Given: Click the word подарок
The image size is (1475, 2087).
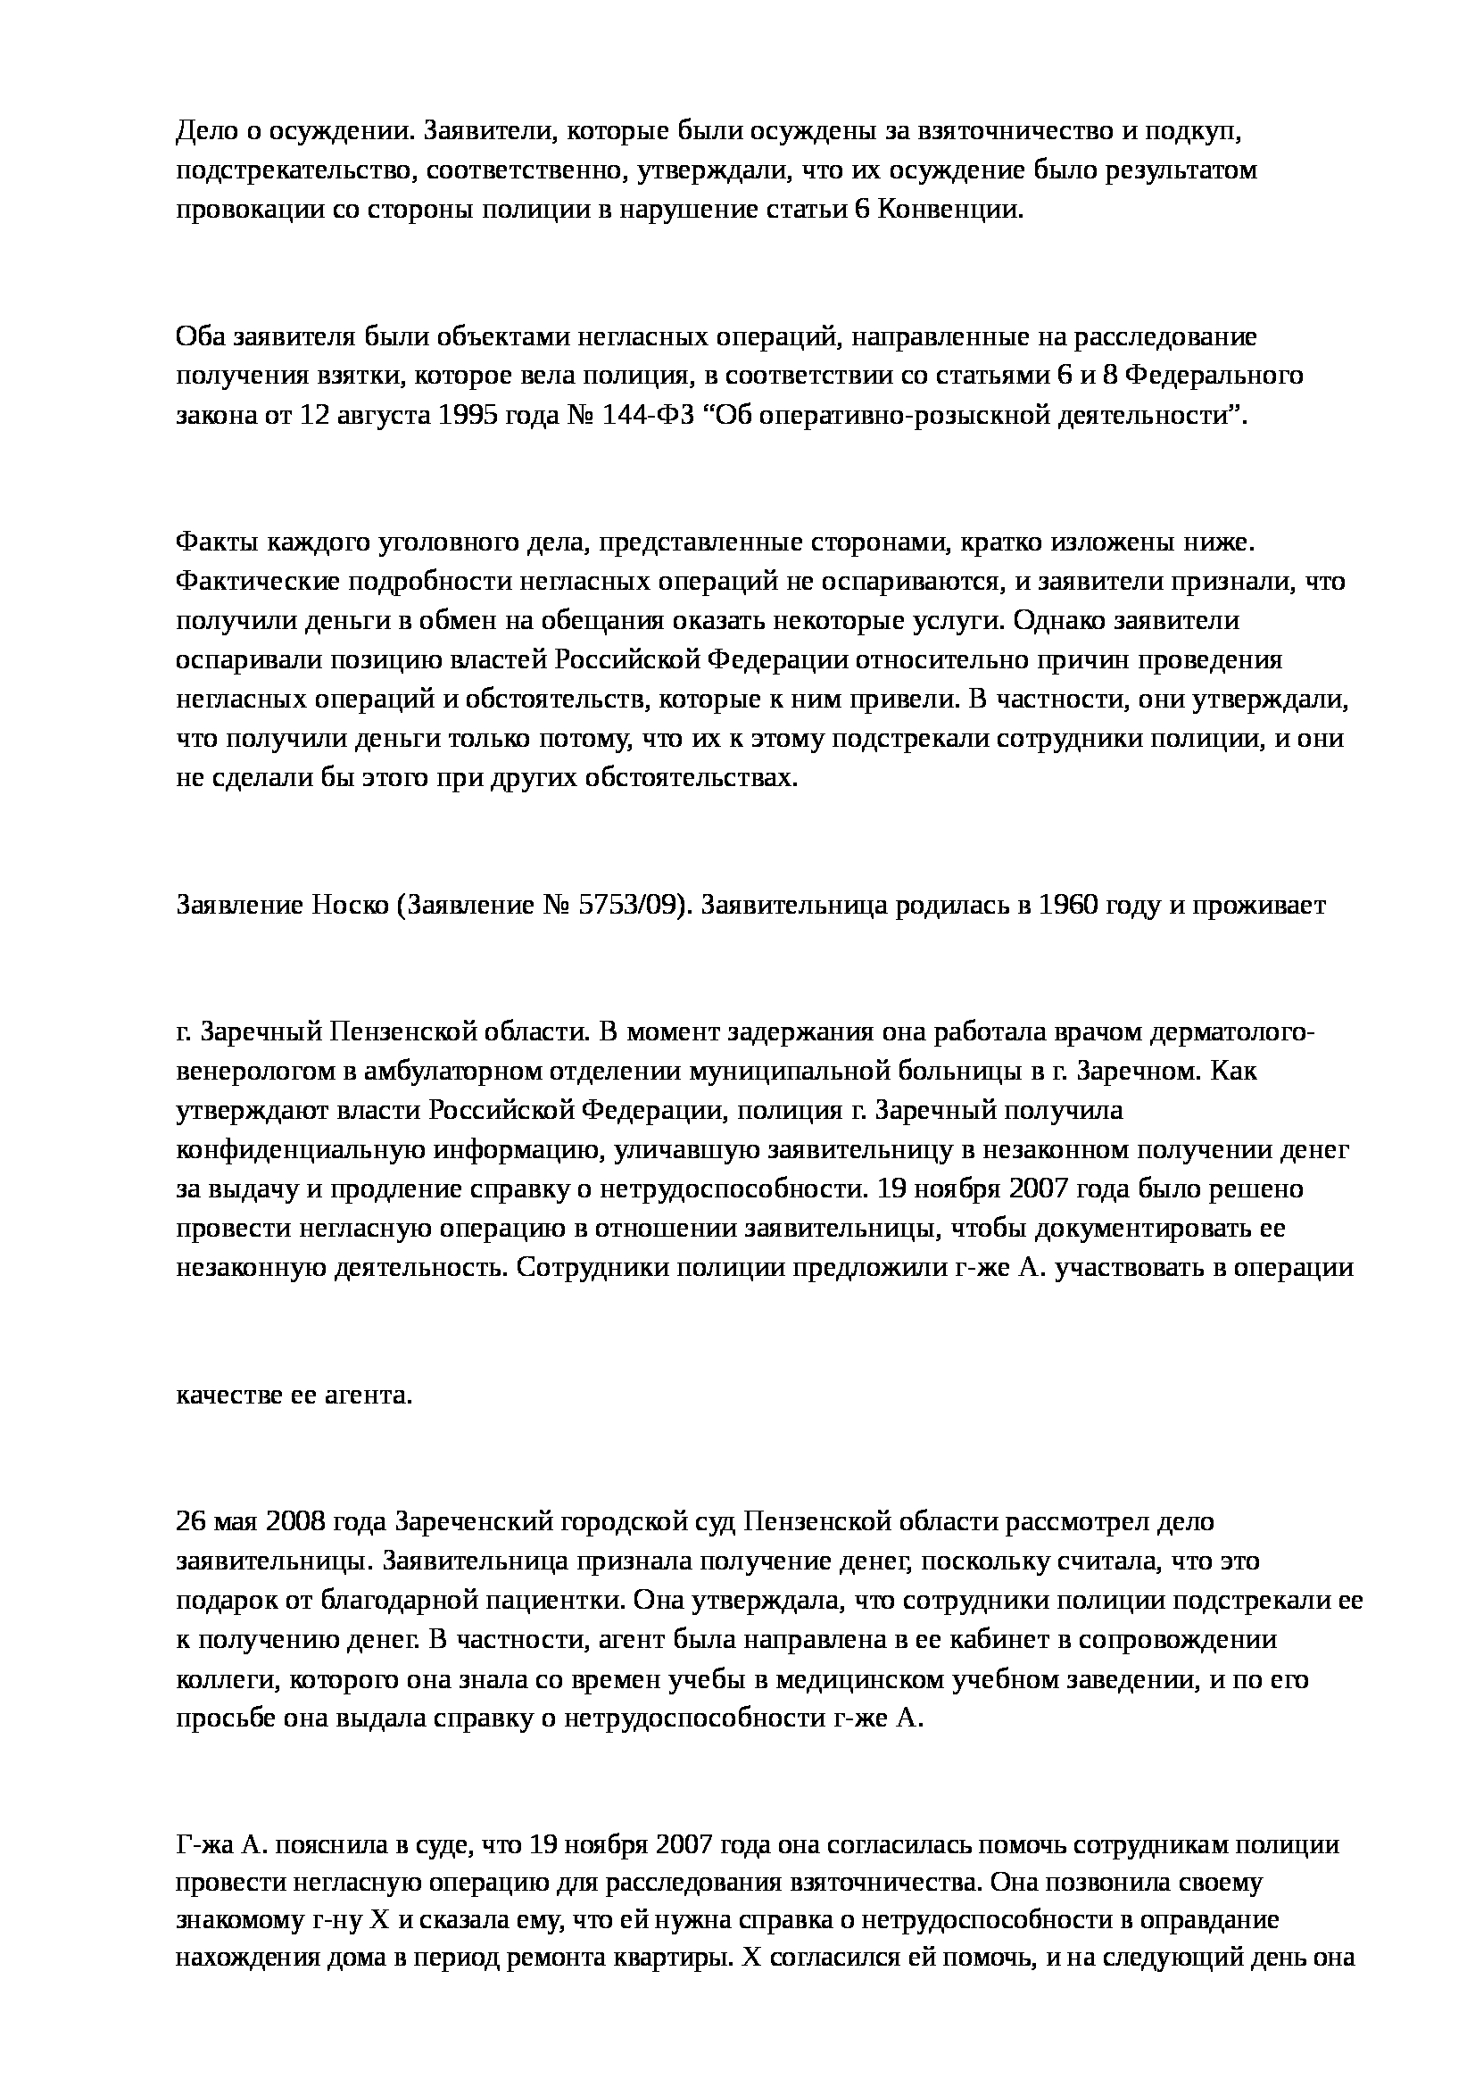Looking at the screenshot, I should point(217,1600).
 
